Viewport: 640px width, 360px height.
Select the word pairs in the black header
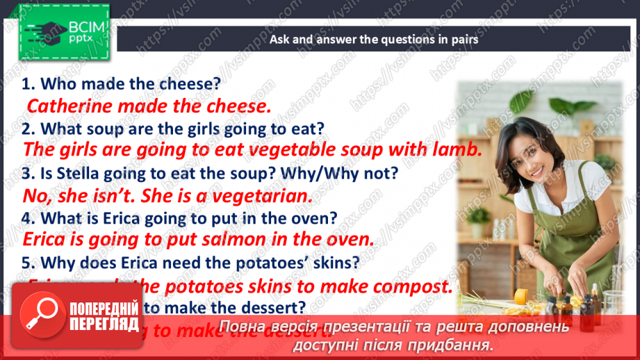pyautogui.click(x=462, y=40)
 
